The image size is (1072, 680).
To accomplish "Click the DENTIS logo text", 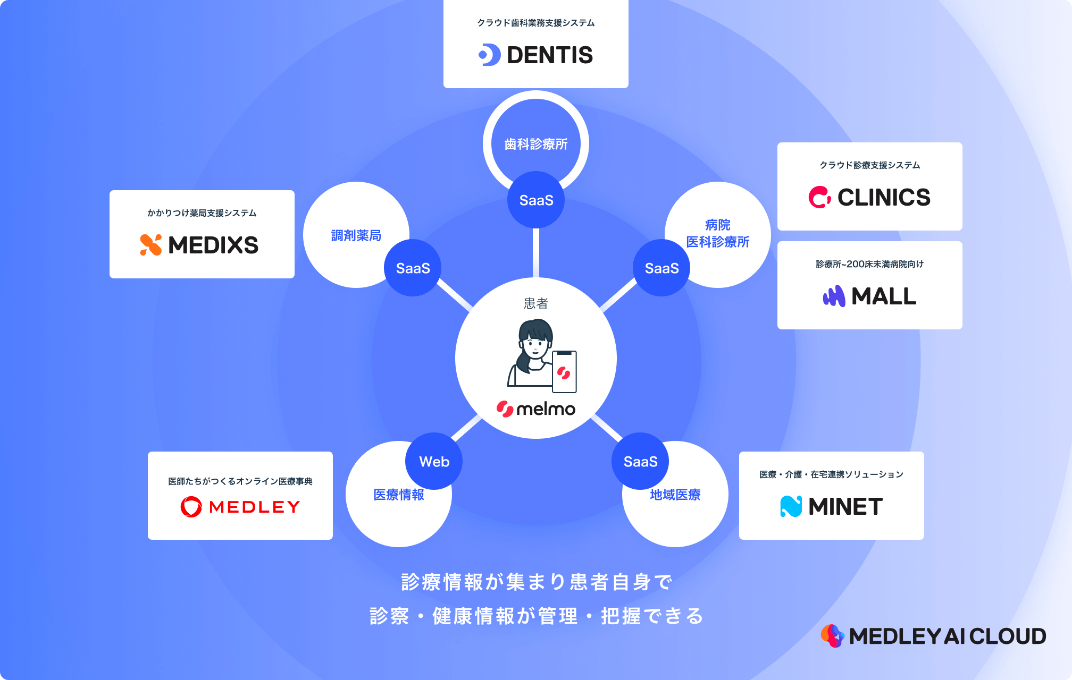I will tap(549, 55).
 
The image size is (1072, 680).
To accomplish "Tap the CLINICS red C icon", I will tap(819, 197).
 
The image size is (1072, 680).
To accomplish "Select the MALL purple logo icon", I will tap(834, 296).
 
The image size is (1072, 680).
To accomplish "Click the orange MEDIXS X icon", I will tap(151, 245).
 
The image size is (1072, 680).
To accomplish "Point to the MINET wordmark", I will tap(845, 507).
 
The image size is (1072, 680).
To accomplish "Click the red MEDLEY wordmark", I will tap(254, 507).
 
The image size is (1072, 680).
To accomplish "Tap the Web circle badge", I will tap(434, 461).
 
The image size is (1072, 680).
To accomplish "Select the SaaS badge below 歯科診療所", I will tap(536, 200).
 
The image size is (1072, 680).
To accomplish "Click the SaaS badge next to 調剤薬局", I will tap(413, 268).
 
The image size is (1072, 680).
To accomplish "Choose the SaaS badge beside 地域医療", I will tap(640, 461).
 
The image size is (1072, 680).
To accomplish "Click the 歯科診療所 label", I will tap(536, 144).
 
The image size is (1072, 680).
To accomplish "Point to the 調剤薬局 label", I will tap(356, 235).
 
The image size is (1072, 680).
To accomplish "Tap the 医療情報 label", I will tap(398, 495).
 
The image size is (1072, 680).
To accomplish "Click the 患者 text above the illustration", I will tap(536, 303).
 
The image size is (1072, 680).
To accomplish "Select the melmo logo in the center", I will tap(536, 409).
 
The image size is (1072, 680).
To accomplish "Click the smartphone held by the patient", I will tap(564, 372).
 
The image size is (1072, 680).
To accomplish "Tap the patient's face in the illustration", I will tap(535, 348).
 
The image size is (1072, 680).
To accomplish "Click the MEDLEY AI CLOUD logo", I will tap(934, 636).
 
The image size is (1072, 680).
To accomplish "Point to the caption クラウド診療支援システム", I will tap(869, 165).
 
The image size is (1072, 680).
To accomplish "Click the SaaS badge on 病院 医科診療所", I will tap(661, 268).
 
